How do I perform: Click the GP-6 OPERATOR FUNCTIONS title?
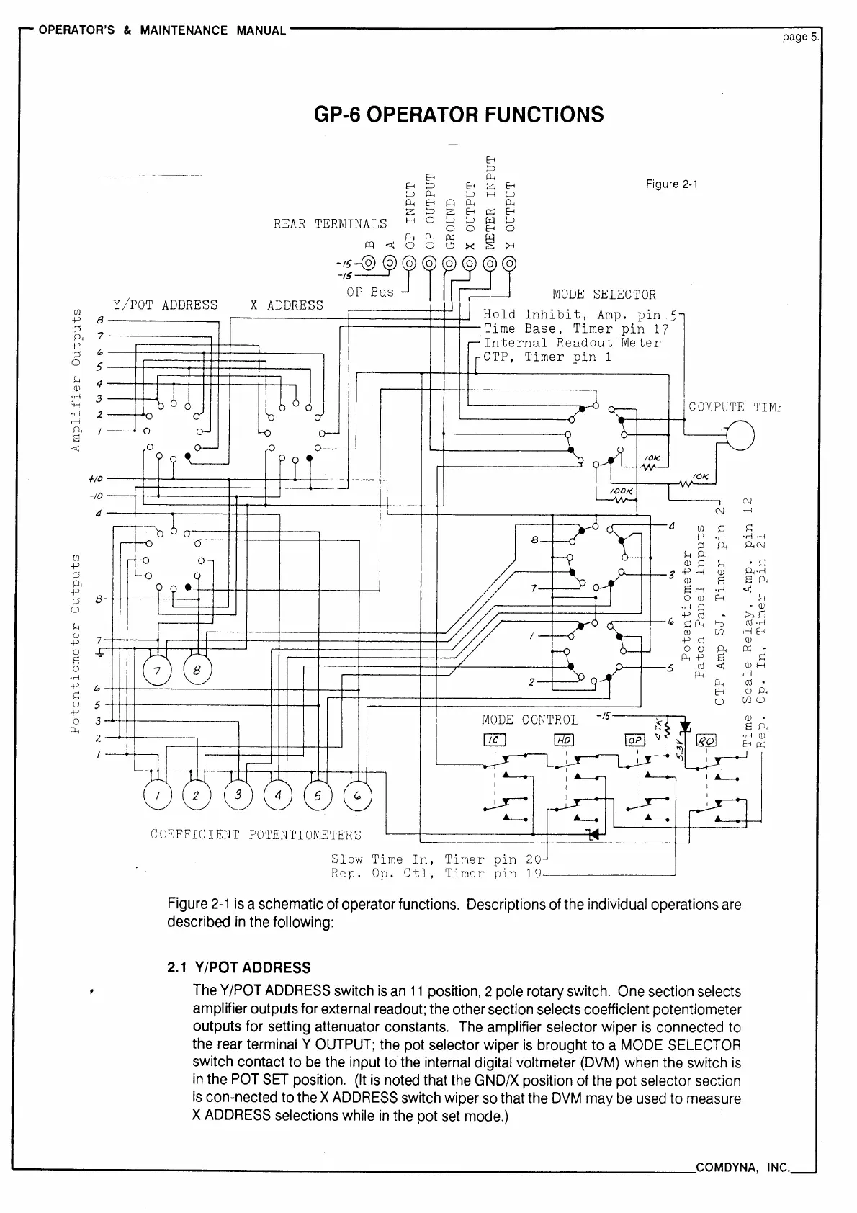[x=459, y=115]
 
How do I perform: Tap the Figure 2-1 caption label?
[x=671, y=184]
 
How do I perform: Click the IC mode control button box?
[x=495, y=740]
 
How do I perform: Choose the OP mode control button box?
[x=636, y=740]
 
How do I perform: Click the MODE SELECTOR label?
[x=604, y=295]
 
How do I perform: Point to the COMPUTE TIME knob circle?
[x=740, y=434]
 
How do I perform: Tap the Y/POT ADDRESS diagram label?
[x=165, y=305]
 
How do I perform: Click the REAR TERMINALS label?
[x=330, y=224]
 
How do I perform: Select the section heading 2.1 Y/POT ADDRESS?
[x=238, y=967]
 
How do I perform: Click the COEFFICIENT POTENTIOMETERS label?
[x=256, y=835]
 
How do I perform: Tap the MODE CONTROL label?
[x=530, y=720]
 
